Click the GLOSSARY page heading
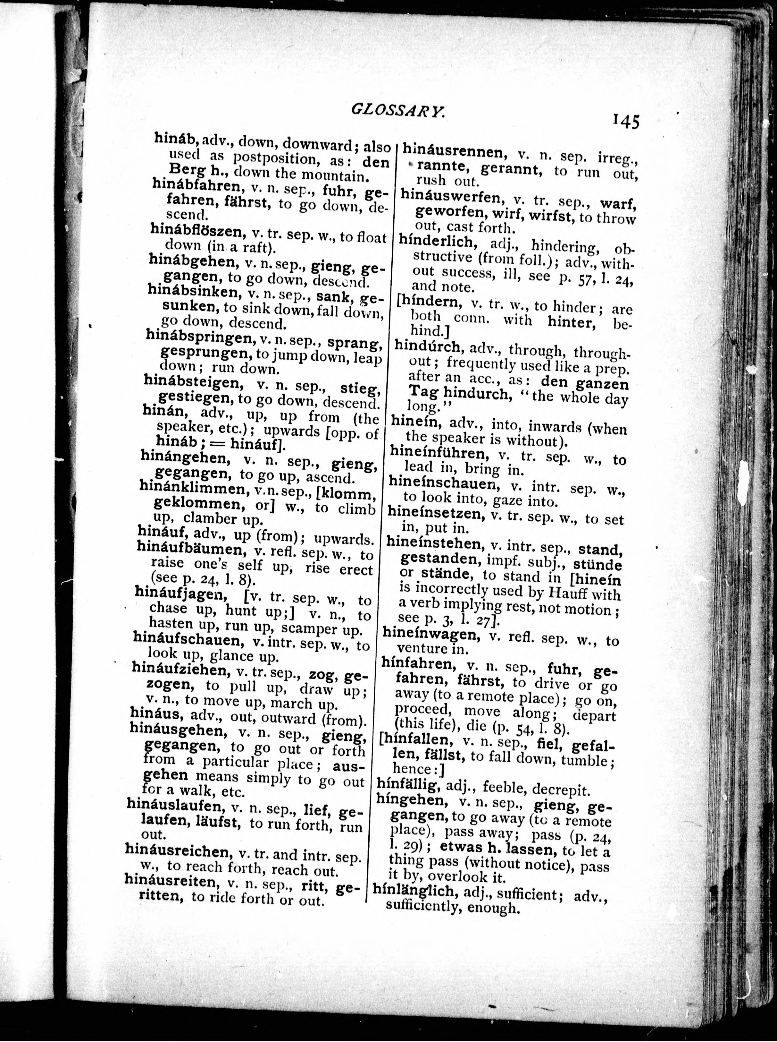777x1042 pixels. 397,111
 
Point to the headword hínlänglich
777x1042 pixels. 414,890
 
